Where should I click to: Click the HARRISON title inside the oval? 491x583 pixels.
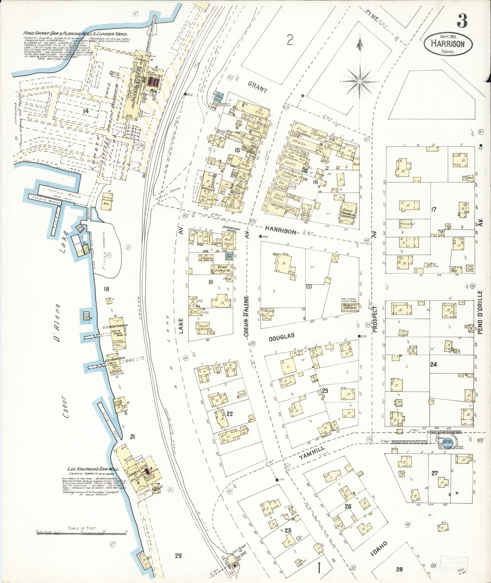pos(447,44)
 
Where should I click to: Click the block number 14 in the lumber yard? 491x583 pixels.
pos(86,111)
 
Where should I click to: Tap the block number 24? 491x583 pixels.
pos(433,364)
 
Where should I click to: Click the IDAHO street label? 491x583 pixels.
pos(377,539)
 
